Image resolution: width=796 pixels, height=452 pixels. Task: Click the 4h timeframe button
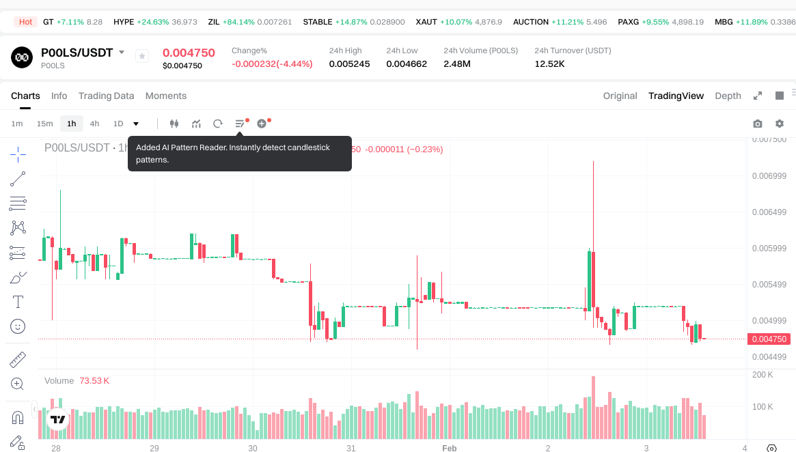click(x=94, y=124)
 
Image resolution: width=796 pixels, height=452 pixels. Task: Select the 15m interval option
click(x=44, y=124)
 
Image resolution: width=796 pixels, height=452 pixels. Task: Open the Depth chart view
click(x=728, y=96)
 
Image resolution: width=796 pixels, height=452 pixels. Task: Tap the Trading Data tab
click(x=106, y=96)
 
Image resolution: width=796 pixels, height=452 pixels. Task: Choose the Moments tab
click(x=166, y=96)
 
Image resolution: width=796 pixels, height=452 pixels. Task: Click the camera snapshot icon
click(x=757, y=124)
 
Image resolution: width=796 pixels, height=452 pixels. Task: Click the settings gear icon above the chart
click(x=780, y=124)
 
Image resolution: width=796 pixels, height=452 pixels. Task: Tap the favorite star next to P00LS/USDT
click(x=142, y=56)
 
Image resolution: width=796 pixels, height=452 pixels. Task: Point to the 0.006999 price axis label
click(x=769, y=176)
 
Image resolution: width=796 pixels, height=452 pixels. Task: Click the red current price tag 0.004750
click(x=769, y=339)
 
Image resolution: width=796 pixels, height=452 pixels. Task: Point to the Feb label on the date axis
click(x=449, y=448)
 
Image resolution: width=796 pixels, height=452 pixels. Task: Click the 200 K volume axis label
click(x=763, y=375)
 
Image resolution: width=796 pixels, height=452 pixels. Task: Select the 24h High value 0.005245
click(x=349, y=63)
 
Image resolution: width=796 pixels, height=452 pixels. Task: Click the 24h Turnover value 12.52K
click(x=549, y=63)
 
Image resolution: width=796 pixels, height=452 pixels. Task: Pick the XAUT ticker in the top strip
click(x=426, y=22)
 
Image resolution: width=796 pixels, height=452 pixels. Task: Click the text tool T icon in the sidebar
click(x=18, y=302)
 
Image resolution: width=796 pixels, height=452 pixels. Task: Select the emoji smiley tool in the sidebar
click(x=18, y=326)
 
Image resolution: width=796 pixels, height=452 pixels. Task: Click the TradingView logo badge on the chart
click(x=58, y=420)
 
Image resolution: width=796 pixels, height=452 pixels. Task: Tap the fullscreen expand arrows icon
click(x=757, y=96)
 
